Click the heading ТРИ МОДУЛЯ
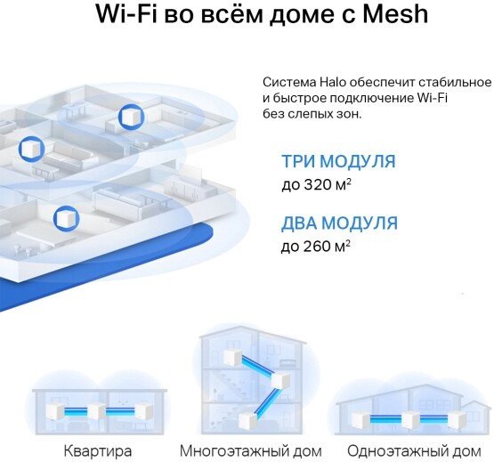338,161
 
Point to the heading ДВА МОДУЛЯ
339,223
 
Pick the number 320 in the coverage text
317,184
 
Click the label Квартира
98,451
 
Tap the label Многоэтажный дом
251,451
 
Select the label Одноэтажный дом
414,451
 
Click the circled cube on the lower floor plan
66,219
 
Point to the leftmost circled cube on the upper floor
31,149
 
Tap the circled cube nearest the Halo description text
132,117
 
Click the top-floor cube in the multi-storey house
232,357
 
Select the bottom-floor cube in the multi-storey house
248,421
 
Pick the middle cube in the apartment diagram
96,411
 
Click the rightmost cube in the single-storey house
458,419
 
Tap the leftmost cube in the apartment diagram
56,411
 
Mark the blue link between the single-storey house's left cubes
385,419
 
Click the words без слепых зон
312,114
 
